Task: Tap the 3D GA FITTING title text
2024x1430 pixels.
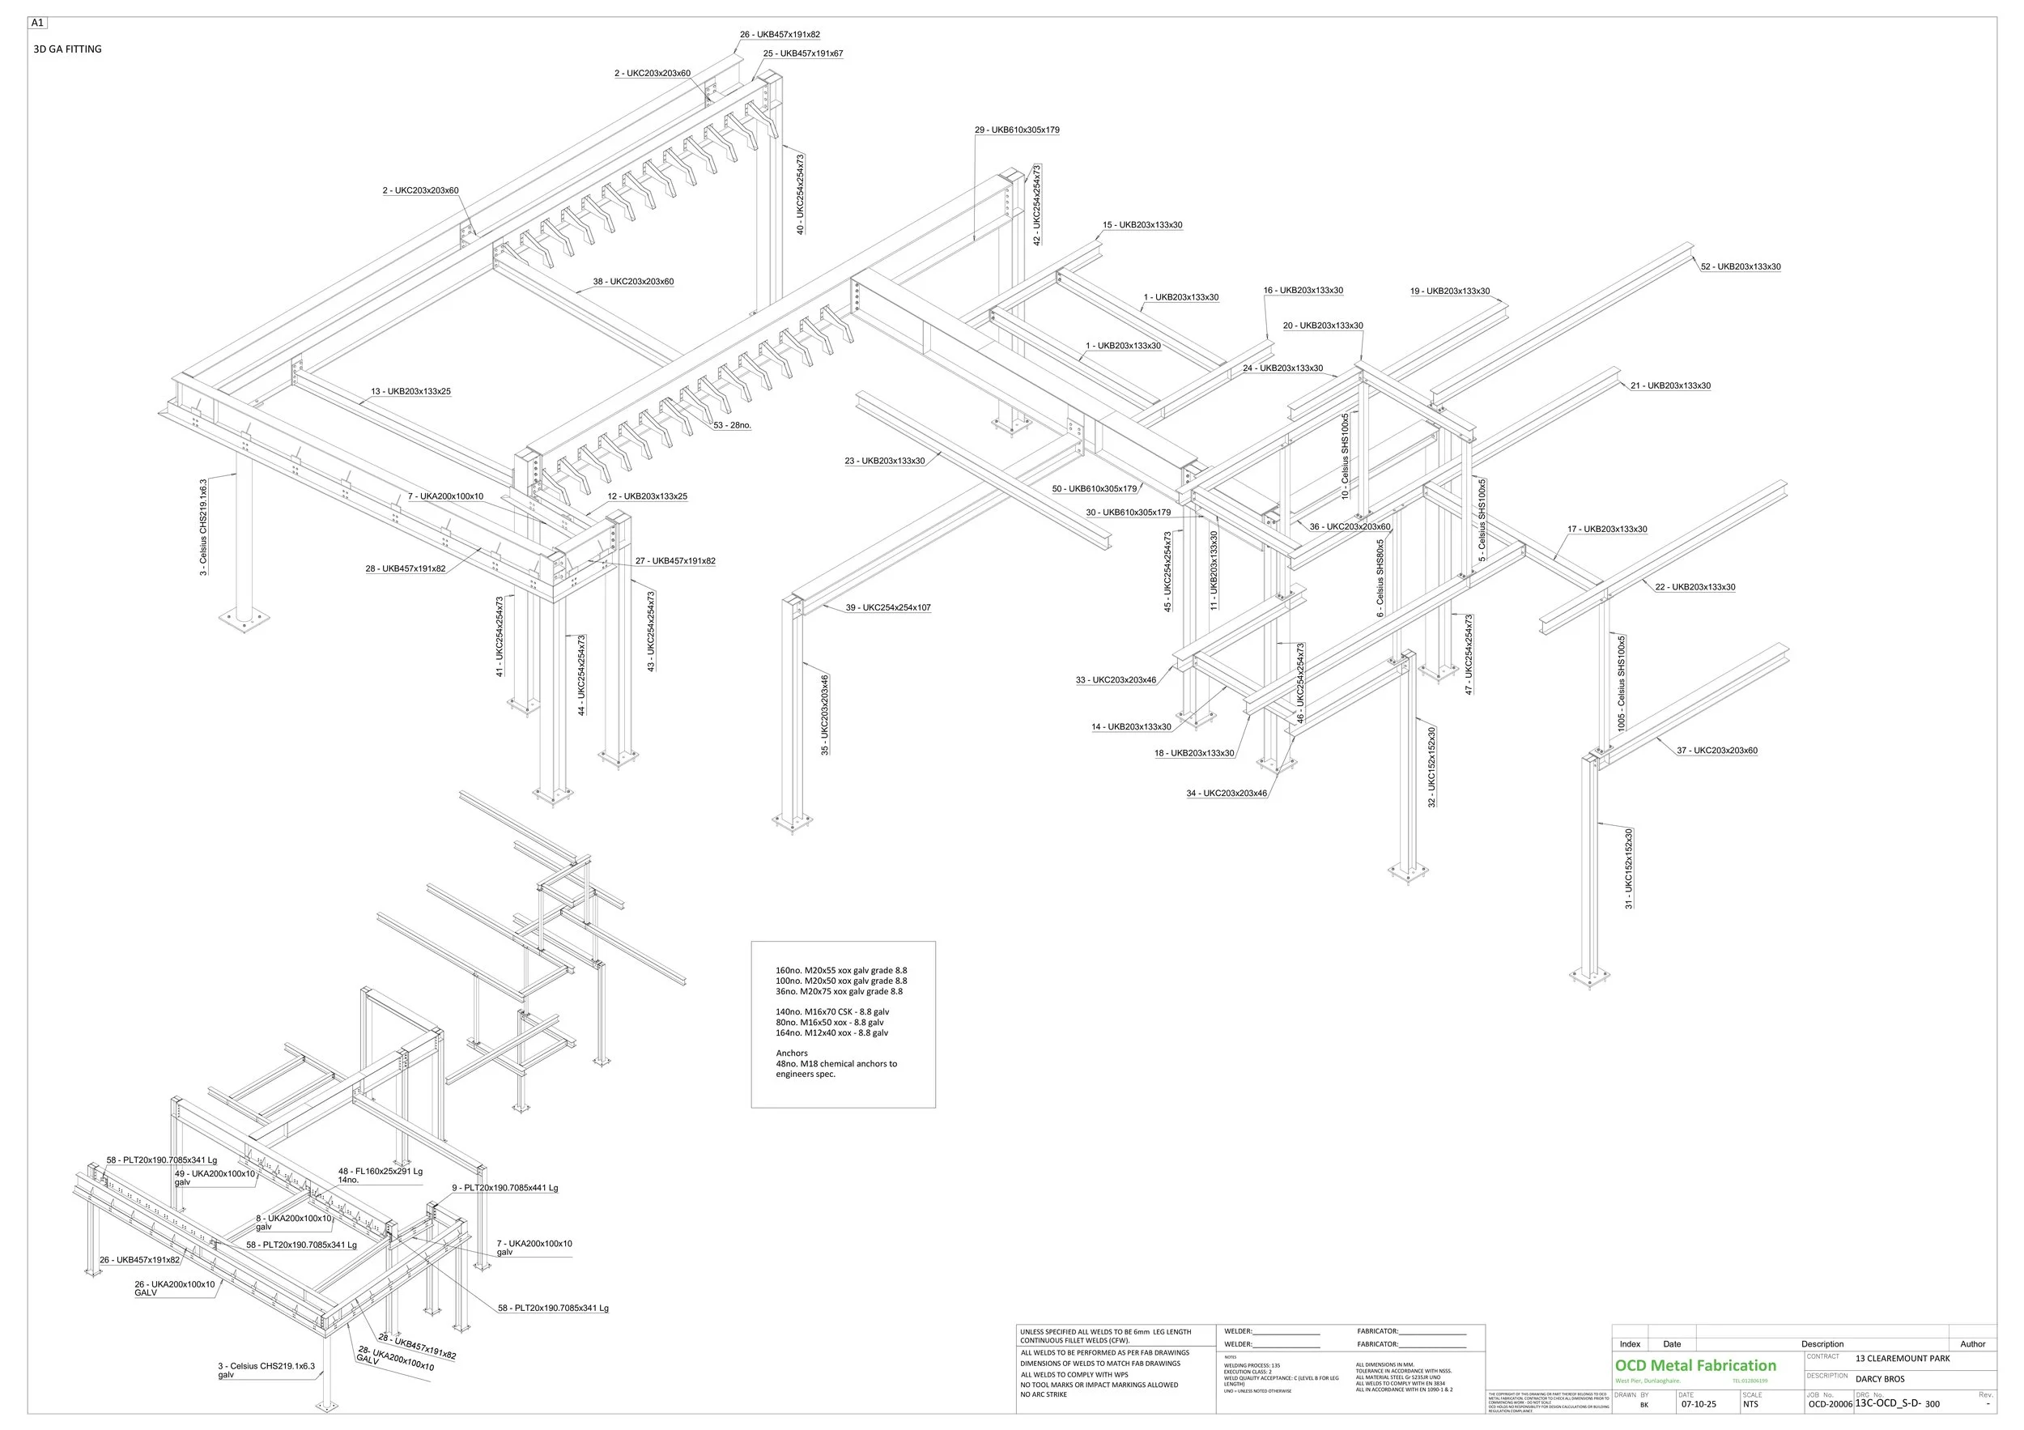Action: [x=68, y=49]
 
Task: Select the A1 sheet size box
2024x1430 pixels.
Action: [x=38, y=23]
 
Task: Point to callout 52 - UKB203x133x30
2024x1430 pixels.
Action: [x=1740, y=267]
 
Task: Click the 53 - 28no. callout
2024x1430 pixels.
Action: [x=732, y=426]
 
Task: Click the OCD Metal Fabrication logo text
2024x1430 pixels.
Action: [x=1695, y=1366]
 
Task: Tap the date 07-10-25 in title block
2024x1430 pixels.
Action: [x=1699, y=1404]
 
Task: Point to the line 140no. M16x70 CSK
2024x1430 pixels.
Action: [x=832, y=1012]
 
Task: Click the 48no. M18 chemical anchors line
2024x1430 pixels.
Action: [x=836, y=1064]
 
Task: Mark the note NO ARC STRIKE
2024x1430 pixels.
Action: [x=1044, y=1394]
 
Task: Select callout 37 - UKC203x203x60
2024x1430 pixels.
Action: [x=1716, y=751]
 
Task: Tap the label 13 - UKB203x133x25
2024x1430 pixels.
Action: [x=410, y=391]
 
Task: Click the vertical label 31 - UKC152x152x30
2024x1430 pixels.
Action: [x=1629, y=867]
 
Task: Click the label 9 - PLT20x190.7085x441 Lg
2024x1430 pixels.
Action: [x=504, y=1189]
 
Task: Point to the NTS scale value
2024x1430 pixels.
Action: [x=1750, y=1404]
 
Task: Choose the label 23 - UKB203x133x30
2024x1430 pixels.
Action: [x=884, y=461]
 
